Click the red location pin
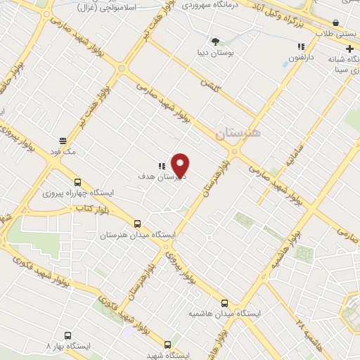pos(181,165)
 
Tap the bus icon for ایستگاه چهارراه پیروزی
pos(77,182)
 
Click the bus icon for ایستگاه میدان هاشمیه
pos(224,304)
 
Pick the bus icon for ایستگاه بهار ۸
pos(67,336)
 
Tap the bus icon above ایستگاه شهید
pos(167,345)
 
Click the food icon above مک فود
pos(63,141)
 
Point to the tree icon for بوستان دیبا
pos(215,41)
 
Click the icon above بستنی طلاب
pos(337,23)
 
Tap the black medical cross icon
pos(349,49)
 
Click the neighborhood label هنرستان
pos(238,133)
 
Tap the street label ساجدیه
pos(291,157)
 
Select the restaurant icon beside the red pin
pos(162,165)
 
